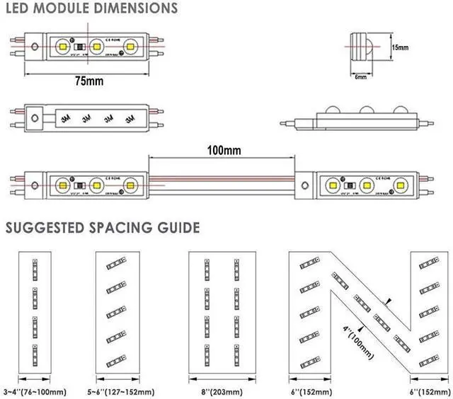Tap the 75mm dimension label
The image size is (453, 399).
coord(88,81)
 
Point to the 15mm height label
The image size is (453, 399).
coord(400,47)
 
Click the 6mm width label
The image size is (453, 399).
coord(360,76)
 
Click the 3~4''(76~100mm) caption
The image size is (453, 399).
coord(35,391)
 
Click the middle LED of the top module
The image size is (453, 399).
coord(98,47)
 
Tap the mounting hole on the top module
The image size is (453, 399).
coord(35,47)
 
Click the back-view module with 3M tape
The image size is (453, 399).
coord(88,119)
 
